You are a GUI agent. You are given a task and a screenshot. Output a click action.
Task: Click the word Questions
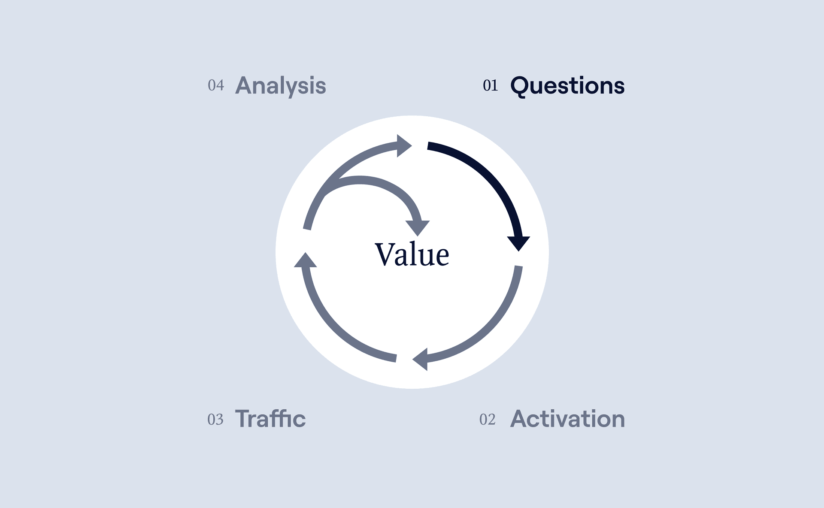click(567, 86)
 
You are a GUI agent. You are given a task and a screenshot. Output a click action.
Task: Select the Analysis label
click(281, 86)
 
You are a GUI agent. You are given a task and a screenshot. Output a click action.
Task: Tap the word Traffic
click(270, 419)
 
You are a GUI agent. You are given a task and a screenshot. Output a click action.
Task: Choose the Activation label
click(567, 419)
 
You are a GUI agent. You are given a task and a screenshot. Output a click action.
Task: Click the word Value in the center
click(412, 254)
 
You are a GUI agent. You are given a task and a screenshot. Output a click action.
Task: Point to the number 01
click(490, 86)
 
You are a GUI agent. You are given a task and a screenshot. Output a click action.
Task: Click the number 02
click(487, 419)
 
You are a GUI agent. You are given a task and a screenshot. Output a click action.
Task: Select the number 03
click(215, 419)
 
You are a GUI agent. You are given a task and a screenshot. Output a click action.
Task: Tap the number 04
click(216, 85)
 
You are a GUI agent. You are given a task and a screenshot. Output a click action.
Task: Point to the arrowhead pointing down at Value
click(418, 228)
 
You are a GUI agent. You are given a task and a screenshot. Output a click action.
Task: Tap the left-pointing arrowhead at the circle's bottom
click(420, 359)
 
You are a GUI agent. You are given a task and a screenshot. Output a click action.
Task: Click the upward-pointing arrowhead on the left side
click(305, 260)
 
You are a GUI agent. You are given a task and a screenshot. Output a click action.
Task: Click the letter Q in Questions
click(518, 86)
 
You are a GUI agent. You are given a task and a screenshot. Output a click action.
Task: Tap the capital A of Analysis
click(244, 85)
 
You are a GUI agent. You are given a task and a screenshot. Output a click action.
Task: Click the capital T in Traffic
click(242, 419)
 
